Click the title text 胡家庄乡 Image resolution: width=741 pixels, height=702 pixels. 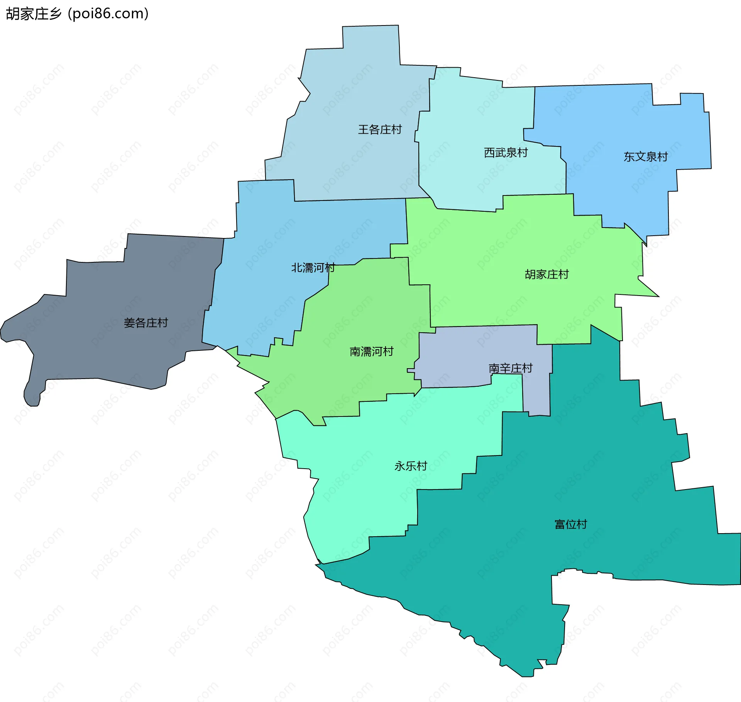(34, 14)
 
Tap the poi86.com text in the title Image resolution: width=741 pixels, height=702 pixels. (108, 14)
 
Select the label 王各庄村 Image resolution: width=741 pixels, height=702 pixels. (380, 129)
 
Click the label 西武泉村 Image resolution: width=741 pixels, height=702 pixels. (506, 153)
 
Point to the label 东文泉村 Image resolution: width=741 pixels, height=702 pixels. (645, 156)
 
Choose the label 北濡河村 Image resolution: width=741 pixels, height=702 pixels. (313, 267)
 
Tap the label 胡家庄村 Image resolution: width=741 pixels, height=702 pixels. (546, 274)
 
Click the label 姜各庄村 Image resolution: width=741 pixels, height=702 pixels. (145, 323)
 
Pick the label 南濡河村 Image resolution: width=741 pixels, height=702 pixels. (371, 351)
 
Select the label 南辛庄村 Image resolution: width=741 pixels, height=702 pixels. (510, 368)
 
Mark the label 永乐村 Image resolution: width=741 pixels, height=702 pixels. (411, 466)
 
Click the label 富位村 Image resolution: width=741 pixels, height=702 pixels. (570, 524)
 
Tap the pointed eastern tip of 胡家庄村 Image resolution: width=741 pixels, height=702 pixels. (656, 296)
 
